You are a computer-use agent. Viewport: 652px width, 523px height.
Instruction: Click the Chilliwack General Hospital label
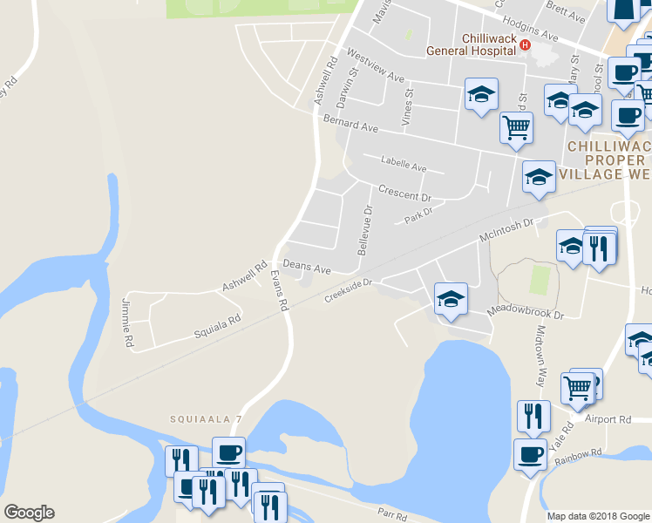point(471,44)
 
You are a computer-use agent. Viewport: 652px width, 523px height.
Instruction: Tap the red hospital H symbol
point(525,44)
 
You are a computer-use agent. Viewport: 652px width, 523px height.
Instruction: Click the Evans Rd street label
point(279,291)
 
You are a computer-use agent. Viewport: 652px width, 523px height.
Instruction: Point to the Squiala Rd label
point(217,329)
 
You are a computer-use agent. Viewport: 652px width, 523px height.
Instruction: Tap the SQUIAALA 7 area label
point(206,419)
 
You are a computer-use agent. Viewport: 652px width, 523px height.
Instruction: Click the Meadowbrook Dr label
point(526,310)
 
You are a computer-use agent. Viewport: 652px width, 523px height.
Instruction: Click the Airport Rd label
point(608,419)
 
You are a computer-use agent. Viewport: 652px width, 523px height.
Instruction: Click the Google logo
point(29,513)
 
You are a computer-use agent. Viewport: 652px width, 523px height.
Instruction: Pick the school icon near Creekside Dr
point(450,298)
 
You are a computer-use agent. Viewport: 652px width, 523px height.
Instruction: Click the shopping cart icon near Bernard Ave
point(517,127)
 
